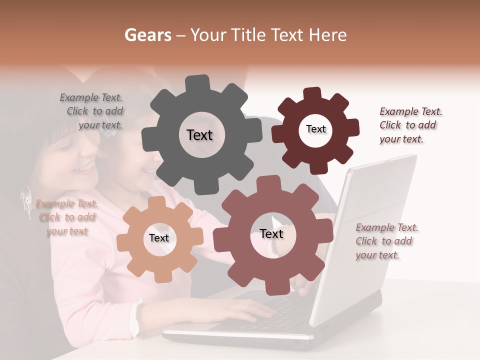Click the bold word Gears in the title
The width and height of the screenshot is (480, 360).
click(147, 35)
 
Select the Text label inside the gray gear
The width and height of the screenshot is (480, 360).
click(199, 135)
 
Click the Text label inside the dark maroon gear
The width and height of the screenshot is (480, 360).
click(315, 129)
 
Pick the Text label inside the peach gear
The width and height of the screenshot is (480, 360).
click(159, 238)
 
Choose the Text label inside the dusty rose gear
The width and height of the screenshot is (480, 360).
click(271, 234)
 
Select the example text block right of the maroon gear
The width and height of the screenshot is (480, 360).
click(410, 125)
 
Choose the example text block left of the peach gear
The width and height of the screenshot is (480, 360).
click(67, 217)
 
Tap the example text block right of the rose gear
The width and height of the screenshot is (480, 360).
click(386, 241)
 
